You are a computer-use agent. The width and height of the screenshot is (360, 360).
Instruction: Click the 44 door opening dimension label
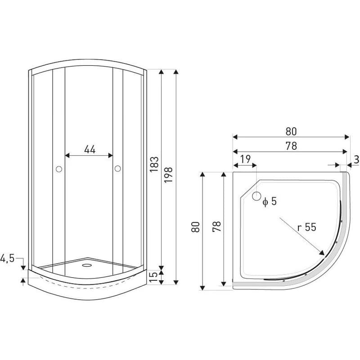tap(90, 149)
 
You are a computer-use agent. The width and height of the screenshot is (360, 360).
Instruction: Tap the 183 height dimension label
tap(154, 164)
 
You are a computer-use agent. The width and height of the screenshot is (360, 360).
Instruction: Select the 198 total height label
tap(168, 175)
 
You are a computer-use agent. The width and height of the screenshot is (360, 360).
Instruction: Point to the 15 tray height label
tap(154, 277)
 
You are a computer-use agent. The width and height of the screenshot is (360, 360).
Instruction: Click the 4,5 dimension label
tap(7, 258)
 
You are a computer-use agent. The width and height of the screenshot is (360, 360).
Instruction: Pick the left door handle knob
tap(59, 169)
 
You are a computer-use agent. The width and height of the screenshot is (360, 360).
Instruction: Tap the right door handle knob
tap(118, 169)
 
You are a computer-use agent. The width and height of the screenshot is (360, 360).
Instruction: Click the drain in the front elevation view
tap(87, 265)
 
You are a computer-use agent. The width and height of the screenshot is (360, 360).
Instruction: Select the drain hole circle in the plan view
tap(256, 196)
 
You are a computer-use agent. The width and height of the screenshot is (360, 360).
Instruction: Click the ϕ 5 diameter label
tap(270, 201)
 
